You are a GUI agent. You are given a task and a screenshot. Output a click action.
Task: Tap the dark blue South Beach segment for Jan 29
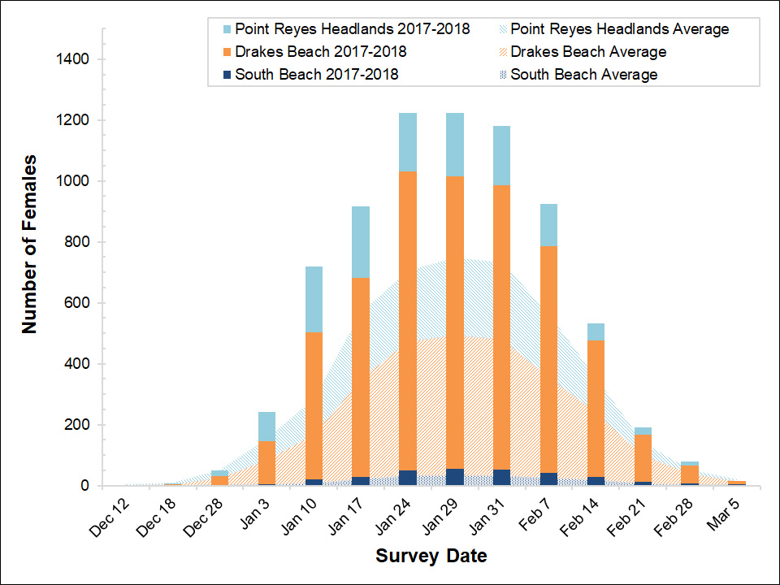coord(455,477)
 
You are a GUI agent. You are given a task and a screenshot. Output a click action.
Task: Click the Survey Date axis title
coord(431,557)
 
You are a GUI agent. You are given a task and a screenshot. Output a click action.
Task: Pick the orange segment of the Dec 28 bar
coord(219,480)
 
